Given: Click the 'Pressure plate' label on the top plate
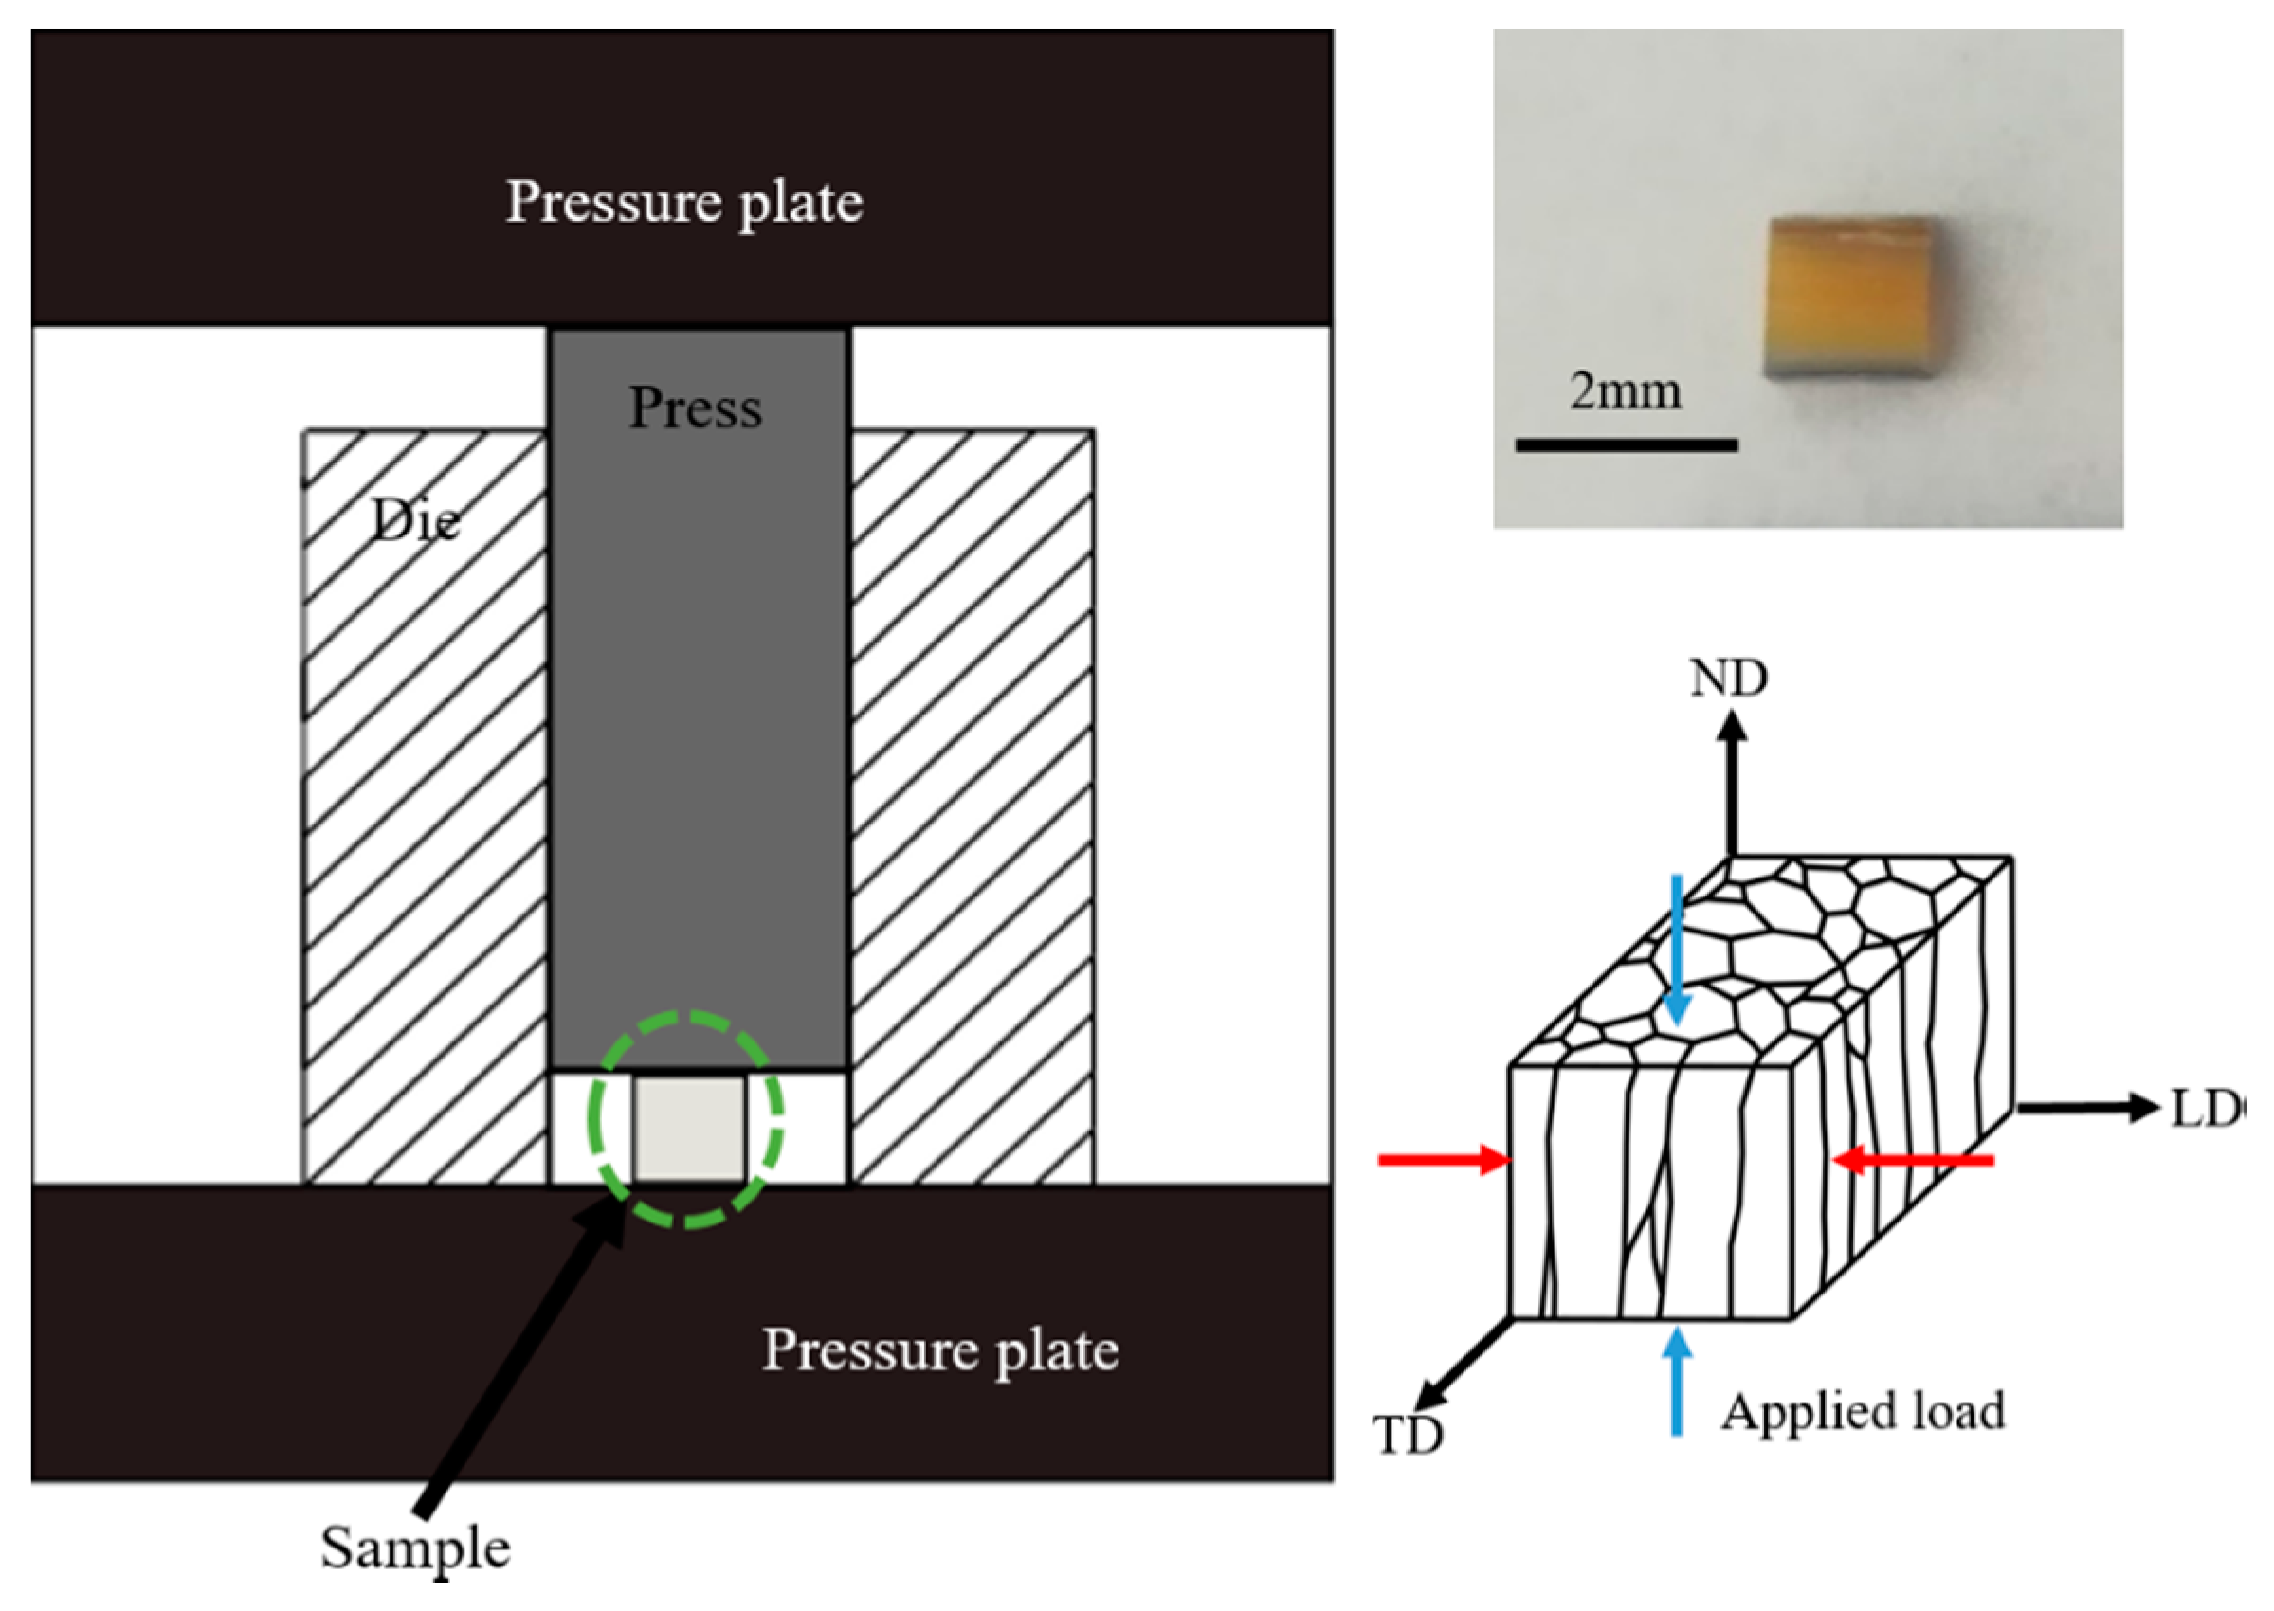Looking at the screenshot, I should [683, 203].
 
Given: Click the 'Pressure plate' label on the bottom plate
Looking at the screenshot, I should [939, 1350].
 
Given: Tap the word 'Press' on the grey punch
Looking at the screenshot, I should [696, 407].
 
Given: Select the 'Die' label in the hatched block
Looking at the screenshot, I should [415, 521].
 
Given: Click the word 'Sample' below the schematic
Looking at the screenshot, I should [415, 1548].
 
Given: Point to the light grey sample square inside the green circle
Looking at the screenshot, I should [689, 1129].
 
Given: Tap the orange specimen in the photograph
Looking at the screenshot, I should [1851, 298].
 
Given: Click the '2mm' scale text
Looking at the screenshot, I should [1625, 391].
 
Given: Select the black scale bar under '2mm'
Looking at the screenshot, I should [1627, 445].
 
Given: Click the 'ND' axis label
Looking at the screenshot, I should [1728, 679].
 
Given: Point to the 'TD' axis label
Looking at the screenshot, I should [1408, 1436].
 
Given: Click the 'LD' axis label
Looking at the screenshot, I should [2203, 1109].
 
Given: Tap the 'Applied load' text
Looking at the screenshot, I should [1864, 1412].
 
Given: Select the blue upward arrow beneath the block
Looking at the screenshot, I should [1677, 1384].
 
